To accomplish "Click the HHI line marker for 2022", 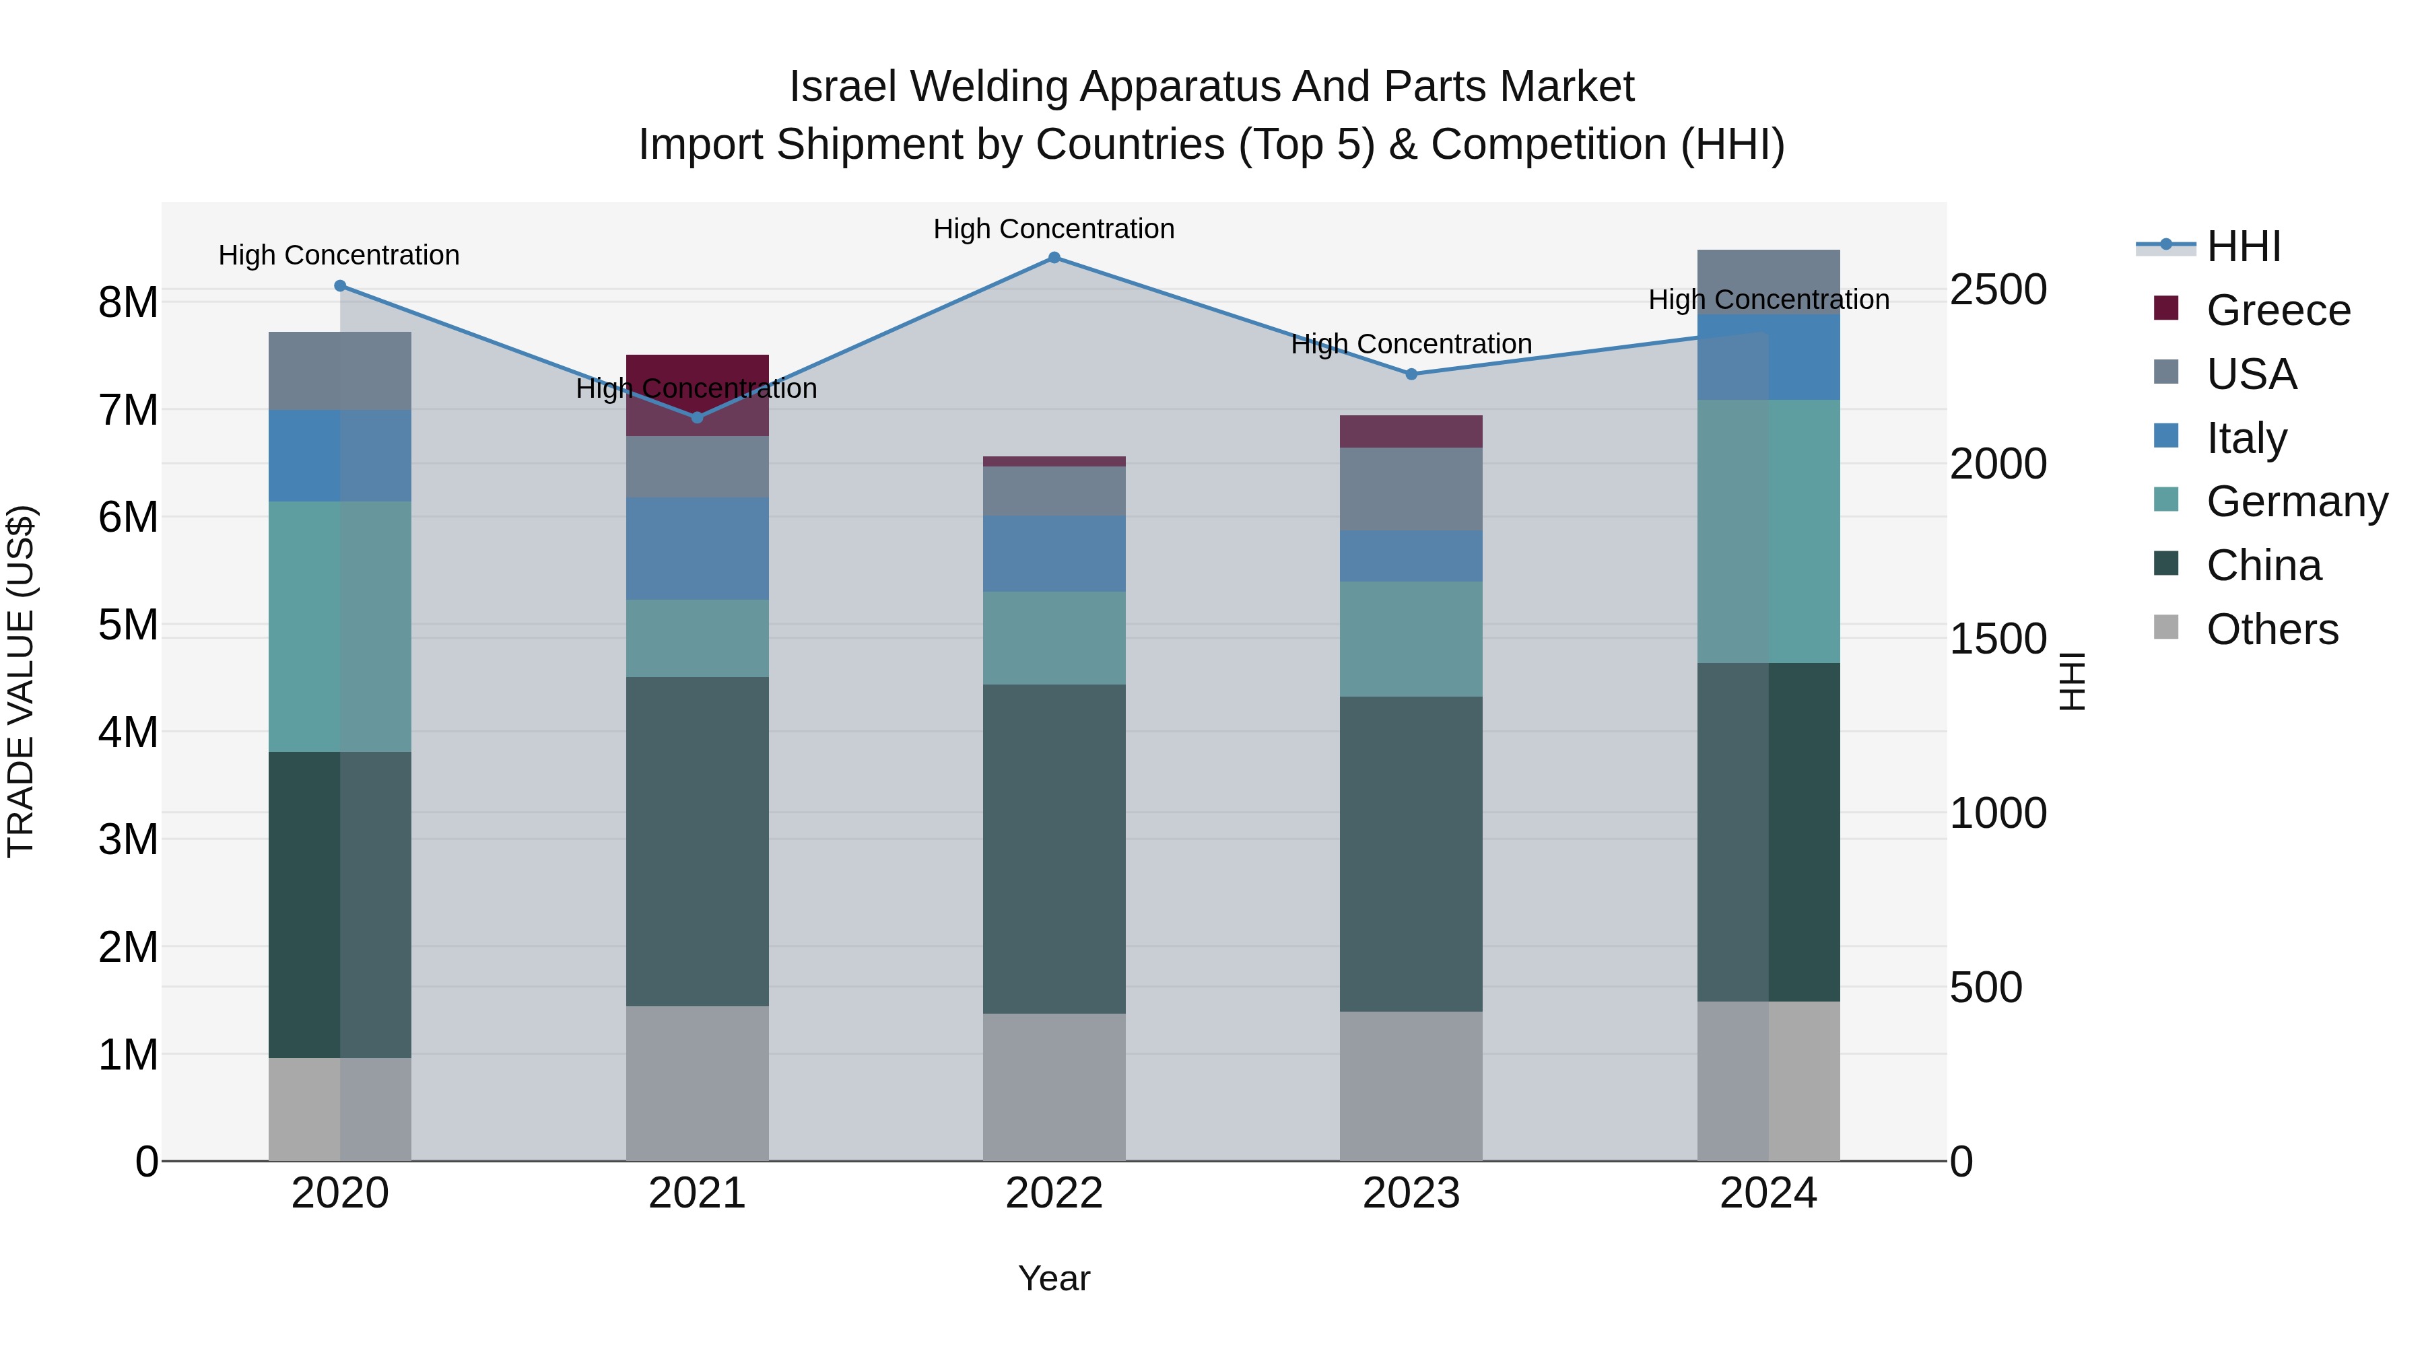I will pyautogui.click(x=1054, y=258).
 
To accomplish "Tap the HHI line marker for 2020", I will pyautogui.click(x=341, y=286).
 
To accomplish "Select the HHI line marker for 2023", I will pyautogui.click(x=1411, y=374).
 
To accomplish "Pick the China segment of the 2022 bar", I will pyautogui.click(x=1054, y=849).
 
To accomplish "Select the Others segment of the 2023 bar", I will pyautogui.click(x=1411, y=1086).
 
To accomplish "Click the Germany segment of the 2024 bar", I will pyautogui.click(x=1768, y=532).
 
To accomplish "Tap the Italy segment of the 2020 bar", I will pyautogui.click(x=340, y=455).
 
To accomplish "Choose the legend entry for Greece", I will pyautogui.click(x=2277, y=310).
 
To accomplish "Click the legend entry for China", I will pyautogui.click(x=2263, y=565).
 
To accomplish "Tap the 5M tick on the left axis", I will pyautogui.click(x=128, y=625).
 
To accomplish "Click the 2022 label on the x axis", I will pyautogui.click(x=1054, y=1193).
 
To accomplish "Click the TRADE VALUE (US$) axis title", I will pyautogui.click(x=22, y=681).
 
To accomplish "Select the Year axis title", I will pyautogui.click(x=1054, y=1278).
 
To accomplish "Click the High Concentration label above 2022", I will pyautogui.click(x=1054, y=229).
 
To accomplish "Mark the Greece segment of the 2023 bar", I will pyautogui.click(x=1411, y=431).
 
